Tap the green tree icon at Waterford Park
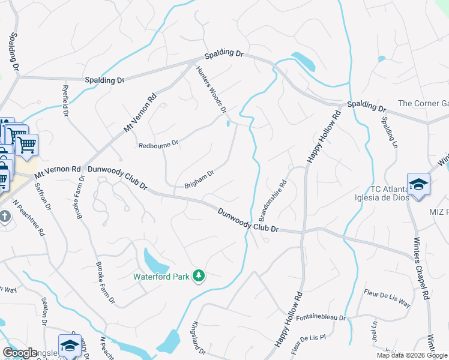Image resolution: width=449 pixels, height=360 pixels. click(x=198, y=276)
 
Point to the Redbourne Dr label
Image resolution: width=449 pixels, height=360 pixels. click(x=158, y=144)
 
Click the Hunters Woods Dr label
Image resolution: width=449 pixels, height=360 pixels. click(x=211, y=89)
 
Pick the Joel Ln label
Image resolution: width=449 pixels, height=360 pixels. click(x=373, y=332)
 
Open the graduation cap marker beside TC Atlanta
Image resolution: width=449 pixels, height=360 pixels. click(x=418, y=183)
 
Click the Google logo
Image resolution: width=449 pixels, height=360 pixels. click(x=20, y=353)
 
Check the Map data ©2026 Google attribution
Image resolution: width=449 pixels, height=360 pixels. click(x=412, y=355)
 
